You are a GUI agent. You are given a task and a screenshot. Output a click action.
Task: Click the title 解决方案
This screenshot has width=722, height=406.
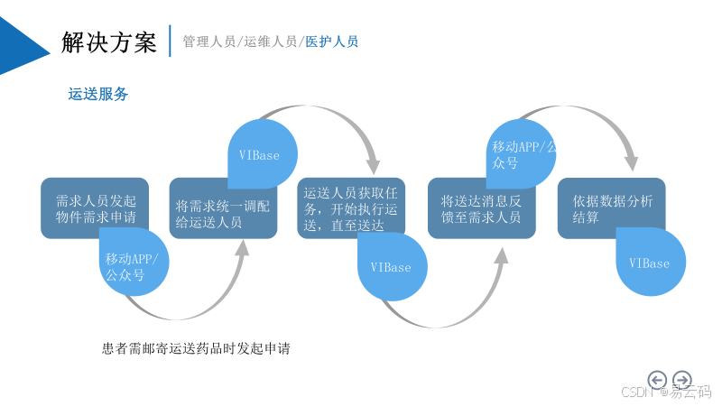pos(109,42)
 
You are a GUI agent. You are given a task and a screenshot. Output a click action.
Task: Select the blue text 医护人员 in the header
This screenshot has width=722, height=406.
pos(331,42)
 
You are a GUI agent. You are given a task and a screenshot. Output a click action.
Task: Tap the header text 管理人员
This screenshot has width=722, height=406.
pos(208,42)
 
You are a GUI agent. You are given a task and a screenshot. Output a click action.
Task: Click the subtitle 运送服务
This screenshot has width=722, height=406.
pos(98,94)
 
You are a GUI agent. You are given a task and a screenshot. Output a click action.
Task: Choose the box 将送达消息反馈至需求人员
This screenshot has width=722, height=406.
pos(480,209)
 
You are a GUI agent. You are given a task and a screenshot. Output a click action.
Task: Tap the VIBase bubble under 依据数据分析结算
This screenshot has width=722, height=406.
pos(651,263)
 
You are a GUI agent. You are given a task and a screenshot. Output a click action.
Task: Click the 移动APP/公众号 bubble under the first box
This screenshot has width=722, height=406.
pos(134,268)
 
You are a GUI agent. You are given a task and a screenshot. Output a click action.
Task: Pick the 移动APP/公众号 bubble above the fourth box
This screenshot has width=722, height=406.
pos(521,154)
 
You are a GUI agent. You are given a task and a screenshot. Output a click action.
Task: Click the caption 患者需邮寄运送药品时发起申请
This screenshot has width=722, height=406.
pos(196,348)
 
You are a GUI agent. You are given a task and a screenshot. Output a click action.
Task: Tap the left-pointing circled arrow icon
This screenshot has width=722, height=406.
pos(657,380)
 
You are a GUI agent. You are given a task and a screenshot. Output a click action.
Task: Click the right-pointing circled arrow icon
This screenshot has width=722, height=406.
pos(682,380)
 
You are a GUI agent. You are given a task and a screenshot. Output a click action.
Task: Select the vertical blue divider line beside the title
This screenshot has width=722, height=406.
pos(170,42)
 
